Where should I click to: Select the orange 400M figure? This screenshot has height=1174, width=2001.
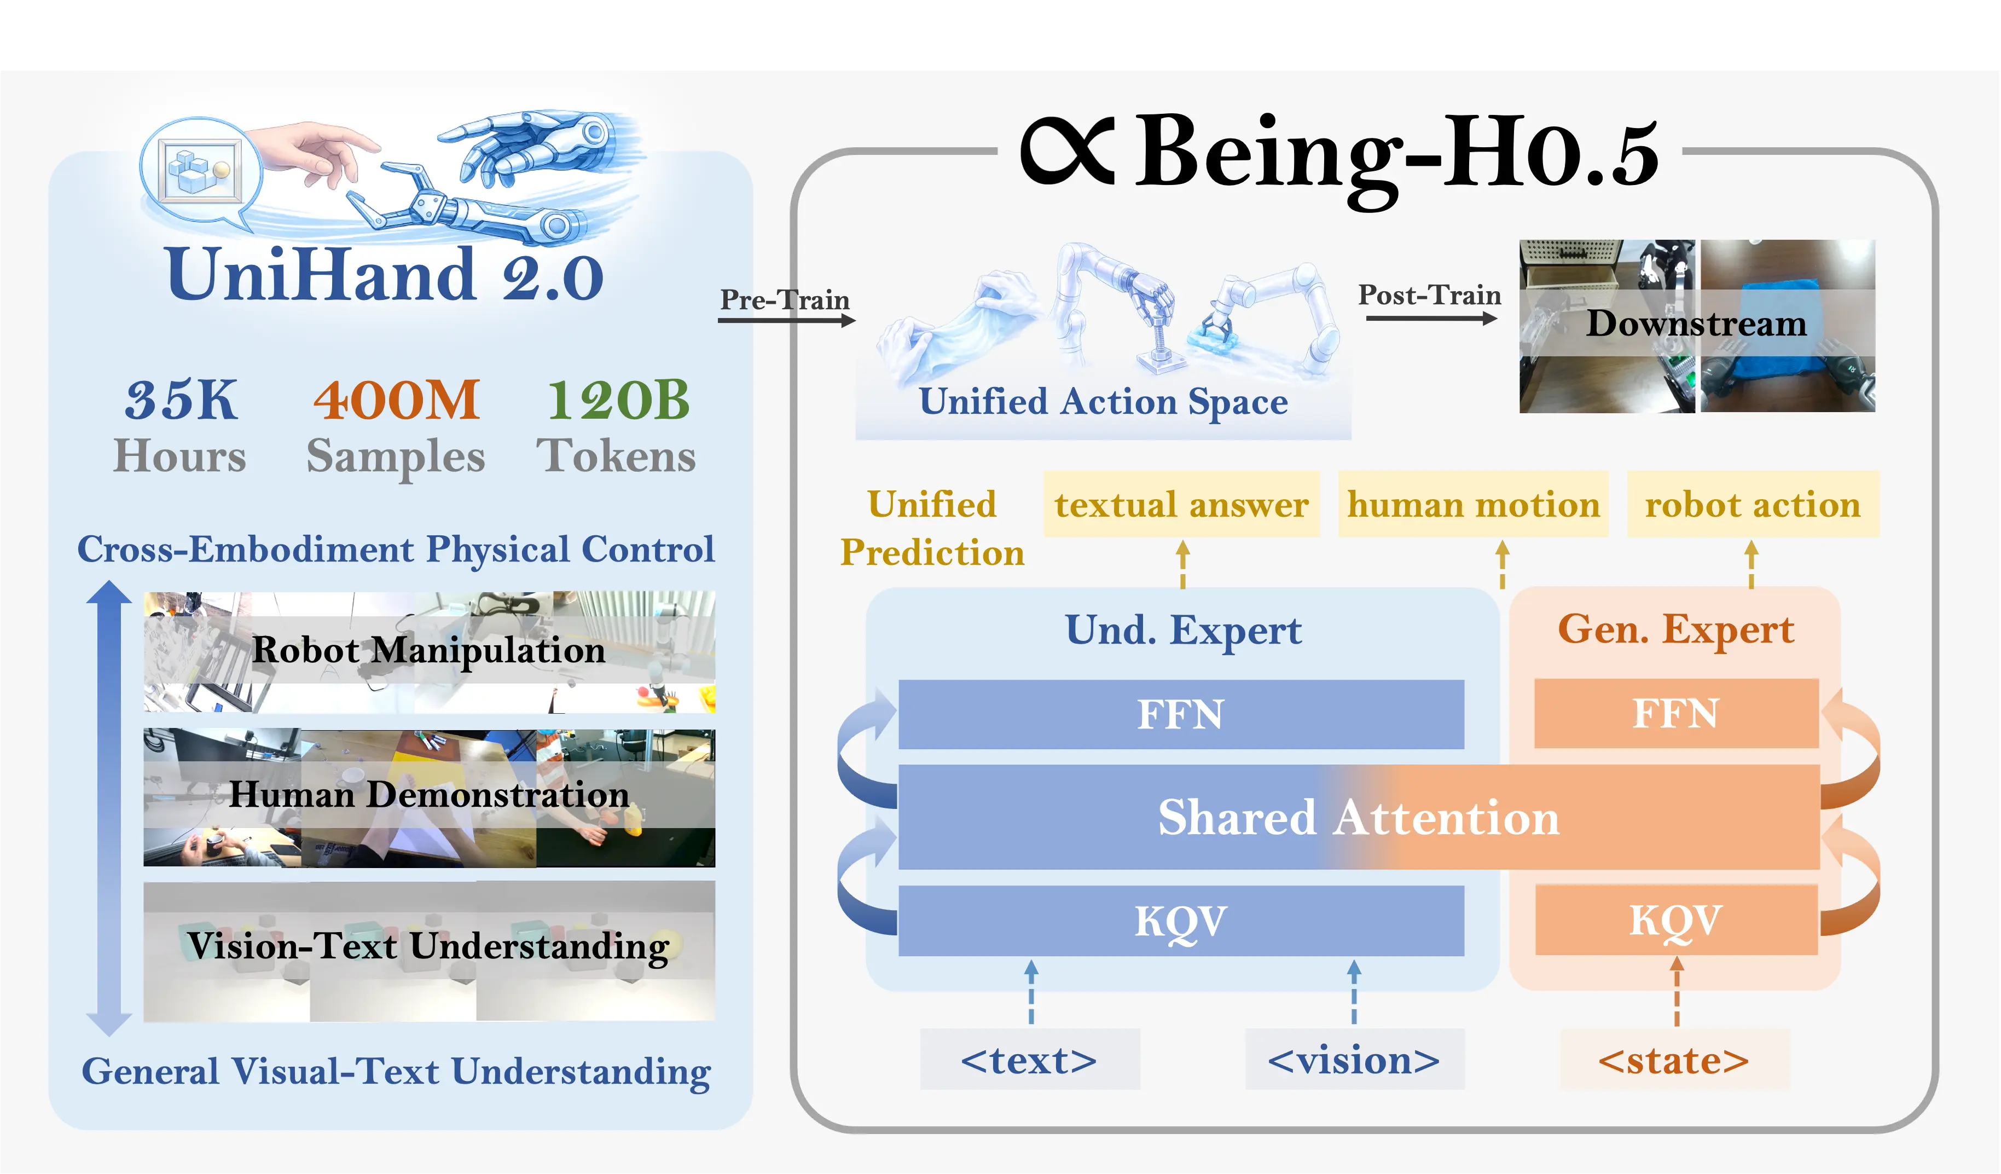[396, 400]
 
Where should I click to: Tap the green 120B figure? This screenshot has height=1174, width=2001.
[618, 400]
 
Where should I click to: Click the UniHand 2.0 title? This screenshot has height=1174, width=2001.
[384, 275]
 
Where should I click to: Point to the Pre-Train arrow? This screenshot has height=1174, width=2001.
[786, 320]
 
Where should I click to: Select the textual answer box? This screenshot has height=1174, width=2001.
[1181, 505]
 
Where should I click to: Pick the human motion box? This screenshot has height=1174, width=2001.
[1473, 505]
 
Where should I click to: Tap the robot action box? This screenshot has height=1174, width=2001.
[1753, 505]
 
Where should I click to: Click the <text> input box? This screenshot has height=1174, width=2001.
[1029, 1060]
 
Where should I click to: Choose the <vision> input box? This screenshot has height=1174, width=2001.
[1354, 1060]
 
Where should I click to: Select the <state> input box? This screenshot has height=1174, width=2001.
[1674, 1060]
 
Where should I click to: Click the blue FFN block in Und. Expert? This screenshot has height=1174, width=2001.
[1181, 713]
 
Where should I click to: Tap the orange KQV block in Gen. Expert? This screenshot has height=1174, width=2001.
[1675, 920]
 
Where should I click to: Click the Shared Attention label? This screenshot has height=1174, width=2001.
[1358, 817]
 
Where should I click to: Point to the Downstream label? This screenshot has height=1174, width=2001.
[1696, 323]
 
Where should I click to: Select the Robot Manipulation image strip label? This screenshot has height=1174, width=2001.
[429, 650]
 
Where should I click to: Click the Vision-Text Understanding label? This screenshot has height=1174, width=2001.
[429, 945]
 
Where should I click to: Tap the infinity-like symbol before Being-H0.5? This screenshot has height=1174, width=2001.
[1067, 151]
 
